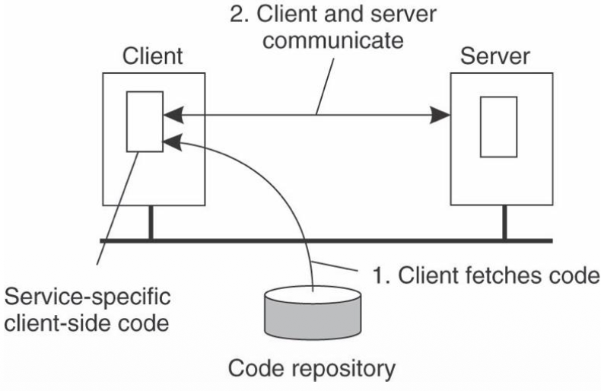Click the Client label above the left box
point(153,59)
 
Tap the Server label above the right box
point(499,59)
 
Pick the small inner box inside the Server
point(498,126)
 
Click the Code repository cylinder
point(313,313)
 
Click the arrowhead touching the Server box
point(440,116)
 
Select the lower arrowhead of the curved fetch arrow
point(171,140)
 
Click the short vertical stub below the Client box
point(150,222)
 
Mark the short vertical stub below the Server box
point(503,222)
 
